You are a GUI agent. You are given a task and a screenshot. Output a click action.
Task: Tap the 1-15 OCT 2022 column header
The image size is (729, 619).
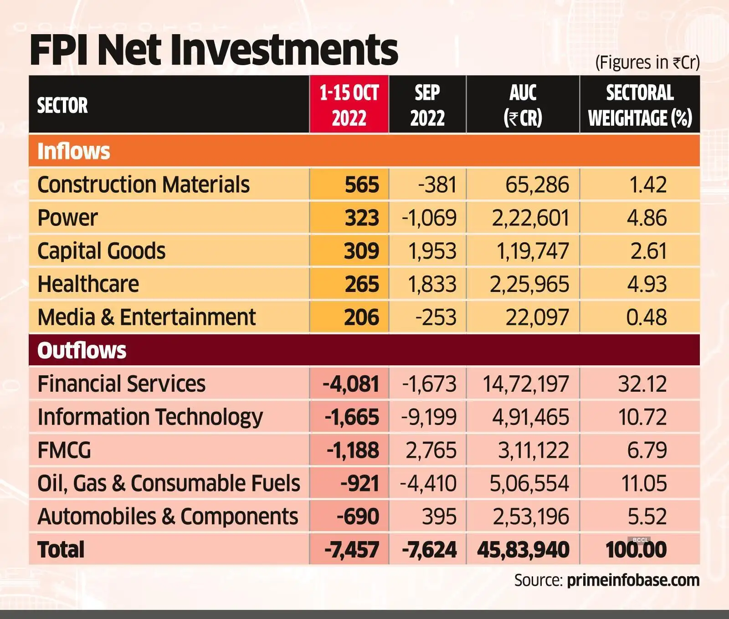349,105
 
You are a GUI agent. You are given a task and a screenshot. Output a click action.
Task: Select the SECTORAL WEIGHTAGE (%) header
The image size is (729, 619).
640,105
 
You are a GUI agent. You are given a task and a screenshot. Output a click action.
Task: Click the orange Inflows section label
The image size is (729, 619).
74,151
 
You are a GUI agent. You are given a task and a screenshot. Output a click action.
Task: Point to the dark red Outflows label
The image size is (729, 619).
82,350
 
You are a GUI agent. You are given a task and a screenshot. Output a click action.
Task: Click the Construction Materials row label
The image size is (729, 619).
144,184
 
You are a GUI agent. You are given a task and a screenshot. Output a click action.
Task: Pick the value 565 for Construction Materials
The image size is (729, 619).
362,184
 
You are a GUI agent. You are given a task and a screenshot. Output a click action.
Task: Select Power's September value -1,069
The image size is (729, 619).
429,218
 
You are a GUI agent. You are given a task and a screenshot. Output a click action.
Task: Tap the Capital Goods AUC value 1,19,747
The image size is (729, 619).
532,251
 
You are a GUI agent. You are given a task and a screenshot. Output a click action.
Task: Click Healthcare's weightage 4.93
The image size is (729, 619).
647,284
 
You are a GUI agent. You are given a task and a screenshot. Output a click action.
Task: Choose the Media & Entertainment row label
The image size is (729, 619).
147,317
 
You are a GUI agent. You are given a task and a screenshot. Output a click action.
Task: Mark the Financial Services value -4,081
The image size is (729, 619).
351,384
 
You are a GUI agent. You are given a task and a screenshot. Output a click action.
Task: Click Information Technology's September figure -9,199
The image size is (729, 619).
429,417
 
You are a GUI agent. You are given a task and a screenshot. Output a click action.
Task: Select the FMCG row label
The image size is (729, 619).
64,450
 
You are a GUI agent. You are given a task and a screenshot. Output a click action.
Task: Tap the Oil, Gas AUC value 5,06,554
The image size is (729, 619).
529,483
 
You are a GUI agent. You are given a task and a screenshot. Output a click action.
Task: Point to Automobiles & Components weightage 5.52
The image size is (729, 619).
647,517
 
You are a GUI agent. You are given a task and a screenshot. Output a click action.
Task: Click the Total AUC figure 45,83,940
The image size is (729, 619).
523,550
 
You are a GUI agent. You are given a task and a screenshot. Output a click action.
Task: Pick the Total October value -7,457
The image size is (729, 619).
351,550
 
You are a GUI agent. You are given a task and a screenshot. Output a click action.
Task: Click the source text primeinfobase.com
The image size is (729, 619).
633,580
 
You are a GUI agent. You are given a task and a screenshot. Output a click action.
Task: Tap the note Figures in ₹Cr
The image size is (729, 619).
647,62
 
